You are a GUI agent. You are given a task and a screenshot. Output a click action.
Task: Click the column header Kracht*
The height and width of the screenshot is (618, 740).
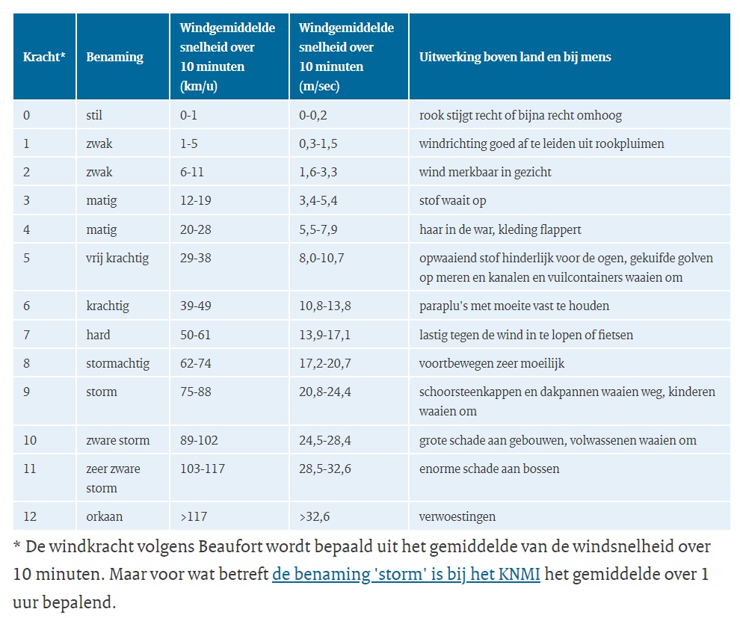44,57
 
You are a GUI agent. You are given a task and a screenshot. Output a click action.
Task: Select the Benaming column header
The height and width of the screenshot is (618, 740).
114,57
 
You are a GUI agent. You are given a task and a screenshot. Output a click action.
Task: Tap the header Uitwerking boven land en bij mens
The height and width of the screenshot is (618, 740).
515,57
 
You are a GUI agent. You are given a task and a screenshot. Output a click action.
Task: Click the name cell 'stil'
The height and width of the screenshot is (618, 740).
94,115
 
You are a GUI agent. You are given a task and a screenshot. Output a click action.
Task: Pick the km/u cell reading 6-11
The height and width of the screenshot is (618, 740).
191,172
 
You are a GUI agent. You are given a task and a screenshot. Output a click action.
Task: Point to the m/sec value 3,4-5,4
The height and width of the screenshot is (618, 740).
318,200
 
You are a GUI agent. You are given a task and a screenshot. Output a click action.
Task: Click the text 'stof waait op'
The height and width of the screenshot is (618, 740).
452,200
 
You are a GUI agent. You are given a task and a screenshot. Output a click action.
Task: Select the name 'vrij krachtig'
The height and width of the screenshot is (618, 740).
117,258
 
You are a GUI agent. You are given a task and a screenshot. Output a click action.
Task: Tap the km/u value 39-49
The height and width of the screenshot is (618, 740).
195,306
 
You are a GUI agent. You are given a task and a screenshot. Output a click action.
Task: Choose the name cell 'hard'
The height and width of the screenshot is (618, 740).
98,335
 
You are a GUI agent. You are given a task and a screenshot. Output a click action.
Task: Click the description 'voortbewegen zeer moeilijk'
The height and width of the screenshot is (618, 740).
491,363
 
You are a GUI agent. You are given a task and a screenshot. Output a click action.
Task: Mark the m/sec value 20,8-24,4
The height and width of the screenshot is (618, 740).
324,392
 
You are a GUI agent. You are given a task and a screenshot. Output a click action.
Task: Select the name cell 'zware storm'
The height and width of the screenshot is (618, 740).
117,440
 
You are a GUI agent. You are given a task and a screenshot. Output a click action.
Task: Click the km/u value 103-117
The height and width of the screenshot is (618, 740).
202,469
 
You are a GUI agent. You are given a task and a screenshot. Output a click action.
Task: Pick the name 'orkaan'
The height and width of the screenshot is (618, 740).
104,516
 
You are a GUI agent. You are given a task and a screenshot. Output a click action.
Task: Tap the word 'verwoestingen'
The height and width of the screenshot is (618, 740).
457,516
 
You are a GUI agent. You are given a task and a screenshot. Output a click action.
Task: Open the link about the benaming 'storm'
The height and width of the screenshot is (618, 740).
406,574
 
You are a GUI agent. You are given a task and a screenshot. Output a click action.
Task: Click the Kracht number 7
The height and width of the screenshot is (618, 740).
26,335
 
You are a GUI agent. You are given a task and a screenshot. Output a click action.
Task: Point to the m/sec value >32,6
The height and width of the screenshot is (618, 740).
314,516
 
